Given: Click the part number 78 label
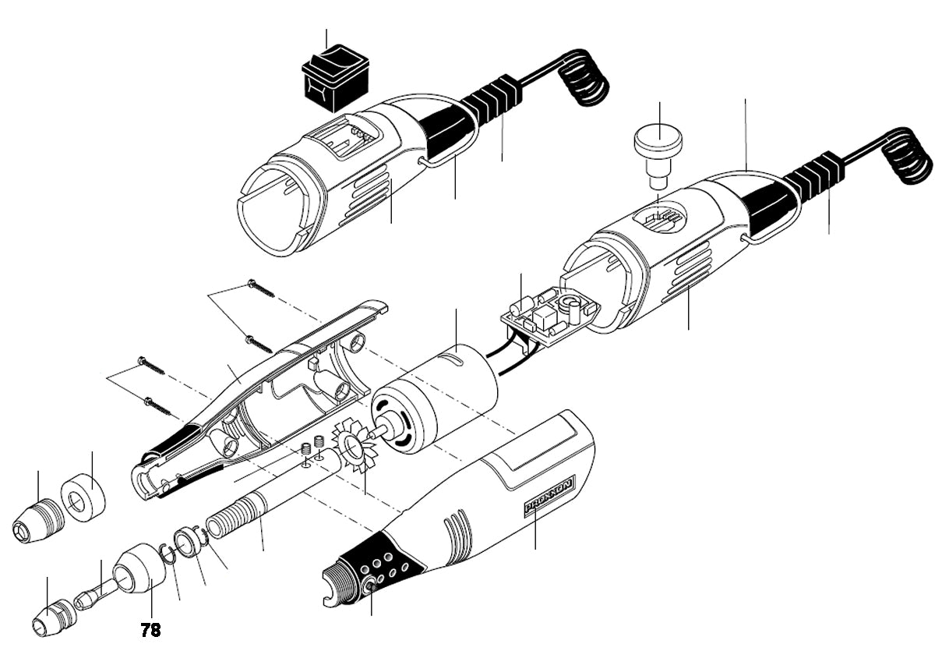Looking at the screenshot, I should click(x=151, y=629).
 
